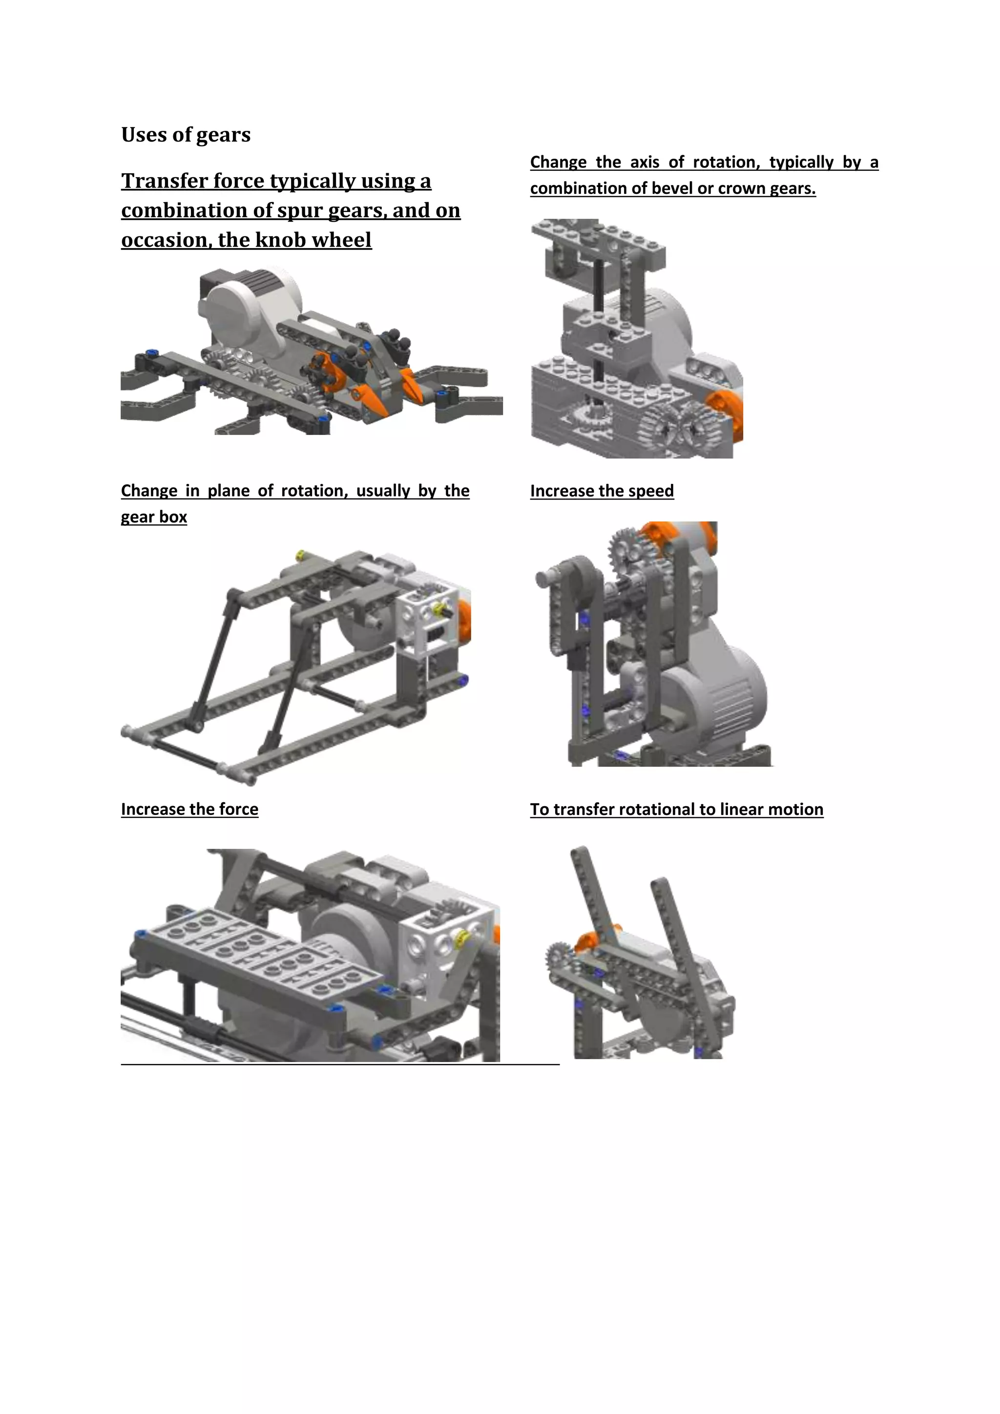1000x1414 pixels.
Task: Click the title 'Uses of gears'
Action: (186, 134)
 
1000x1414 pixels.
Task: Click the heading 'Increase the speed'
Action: (602, 491)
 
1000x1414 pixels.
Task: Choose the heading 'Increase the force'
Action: (189, 809)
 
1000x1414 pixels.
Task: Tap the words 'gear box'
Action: (153, 517)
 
